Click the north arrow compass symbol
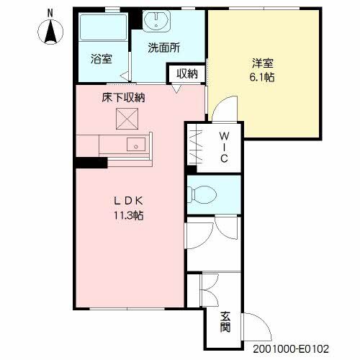(x=50, y=32)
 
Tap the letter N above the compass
(x=50, y=13)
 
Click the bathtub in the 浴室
(x=103, y=27)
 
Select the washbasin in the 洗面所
(x=156, y=20)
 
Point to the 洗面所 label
(x=163, y=48)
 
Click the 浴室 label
(x=102, y=59)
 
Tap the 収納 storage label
(x=187, y=73)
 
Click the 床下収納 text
(x=123, y=98)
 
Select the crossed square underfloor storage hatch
(x=127, y=119)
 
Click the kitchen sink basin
(x=136, y=145)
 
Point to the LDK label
(x=128, y=201)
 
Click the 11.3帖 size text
(x=129, y=215)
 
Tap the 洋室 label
(x=263, y=63)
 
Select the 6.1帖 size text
(x=262, y=77)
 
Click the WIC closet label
(x=224, y=148)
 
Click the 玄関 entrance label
(x=225, y=322)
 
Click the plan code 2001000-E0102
(x=291, y=348)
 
